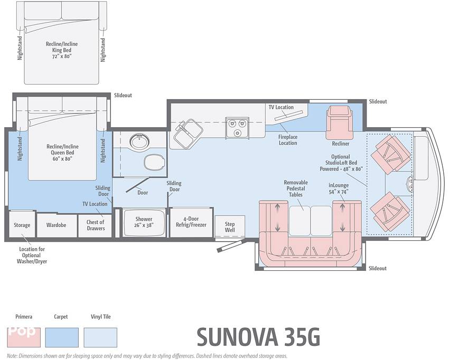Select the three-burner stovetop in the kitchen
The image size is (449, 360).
(237, 127)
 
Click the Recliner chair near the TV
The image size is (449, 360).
(340, 122)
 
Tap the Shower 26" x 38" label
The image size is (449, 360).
(144, 222)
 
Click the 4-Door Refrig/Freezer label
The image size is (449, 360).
(191, 222)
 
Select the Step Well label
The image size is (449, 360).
(230, 227)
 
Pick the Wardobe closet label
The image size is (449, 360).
(56, 225)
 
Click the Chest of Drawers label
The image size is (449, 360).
(96, 225)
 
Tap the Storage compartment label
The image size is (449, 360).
(22, 225)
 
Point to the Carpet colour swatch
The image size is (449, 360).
(62, 337)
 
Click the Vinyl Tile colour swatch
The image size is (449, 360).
(100, 337)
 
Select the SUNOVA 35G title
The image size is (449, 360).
(258, 337)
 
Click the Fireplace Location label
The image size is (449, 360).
(288, 140)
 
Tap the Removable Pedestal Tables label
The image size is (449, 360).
(296, 188)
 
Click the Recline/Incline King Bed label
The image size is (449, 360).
(62, 50)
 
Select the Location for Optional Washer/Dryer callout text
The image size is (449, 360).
(32, 255)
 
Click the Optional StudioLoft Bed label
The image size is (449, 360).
(341, 163)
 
